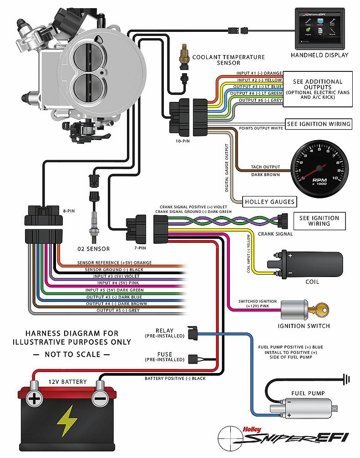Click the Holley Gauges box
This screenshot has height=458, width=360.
click(269, 201)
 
